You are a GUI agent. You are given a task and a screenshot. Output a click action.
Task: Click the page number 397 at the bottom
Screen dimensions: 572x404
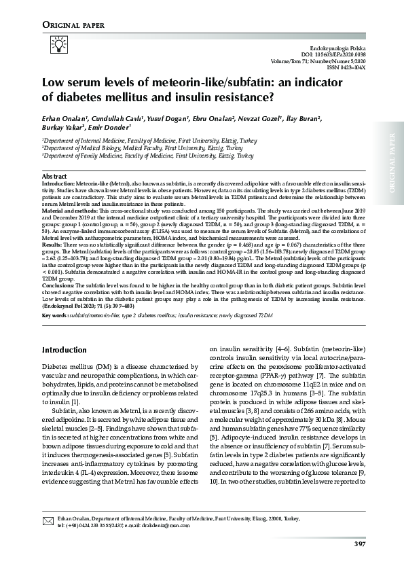tap(360, 542)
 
